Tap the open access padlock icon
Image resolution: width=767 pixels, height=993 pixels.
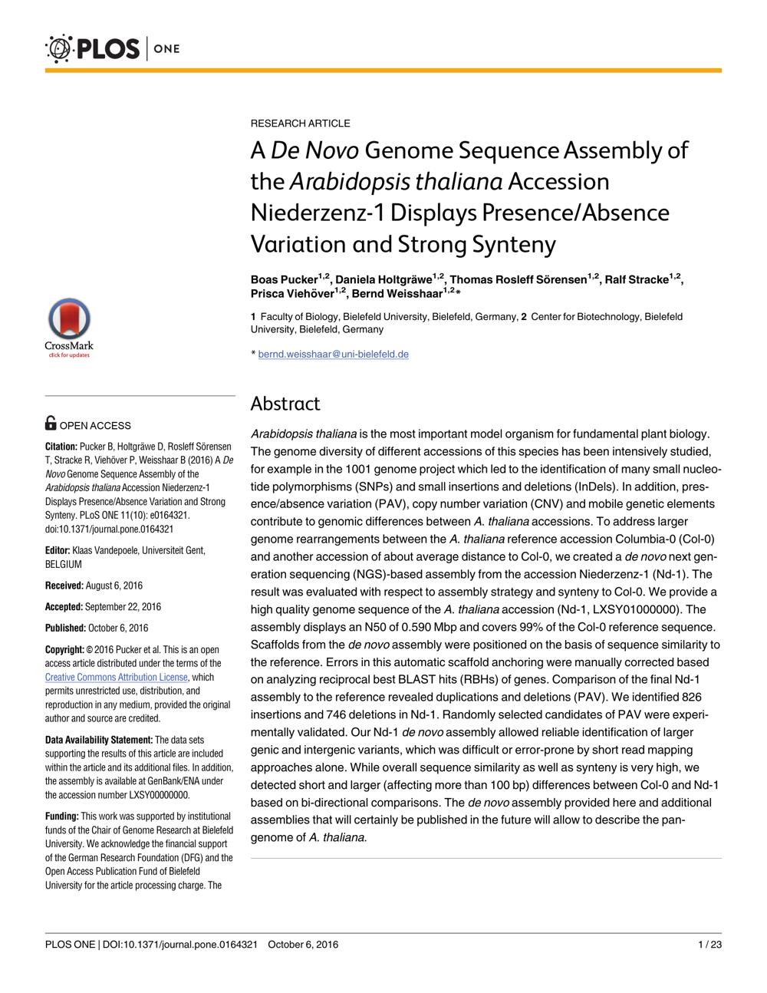(51, 423)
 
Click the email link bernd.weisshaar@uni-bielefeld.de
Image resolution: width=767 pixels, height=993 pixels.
(334, 355)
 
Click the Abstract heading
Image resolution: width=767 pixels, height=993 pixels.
(285, 404)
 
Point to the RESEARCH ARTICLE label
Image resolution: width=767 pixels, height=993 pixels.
(301, 124)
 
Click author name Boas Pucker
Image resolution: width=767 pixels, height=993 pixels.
(284, 279)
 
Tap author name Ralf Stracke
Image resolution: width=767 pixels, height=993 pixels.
(636, 279)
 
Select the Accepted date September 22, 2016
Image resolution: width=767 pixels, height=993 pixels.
(123, 606)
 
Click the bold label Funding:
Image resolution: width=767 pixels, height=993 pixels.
(62, 816)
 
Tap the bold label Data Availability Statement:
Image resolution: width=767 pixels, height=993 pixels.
(99, 740)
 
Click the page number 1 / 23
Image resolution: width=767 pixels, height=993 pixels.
(709, 944)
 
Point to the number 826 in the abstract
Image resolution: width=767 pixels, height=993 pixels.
(692, 697)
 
